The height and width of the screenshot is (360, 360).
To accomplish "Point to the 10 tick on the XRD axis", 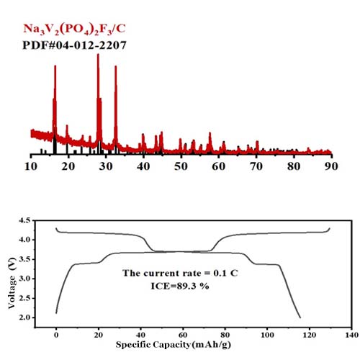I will pyautogui.click(x=31, y=166).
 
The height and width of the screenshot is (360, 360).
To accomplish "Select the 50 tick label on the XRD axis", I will pyautogui.click(x=181, y=166).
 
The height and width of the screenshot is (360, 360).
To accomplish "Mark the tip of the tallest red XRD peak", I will pyautogui.click(x=98, y=55).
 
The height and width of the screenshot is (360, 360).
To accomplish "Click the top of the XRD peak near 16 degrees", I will pyautogui.click(x=55, y=67).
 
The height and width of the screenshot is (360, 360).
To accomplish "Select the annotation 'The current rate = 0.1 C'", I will pyautogui.click(x=180, y=274).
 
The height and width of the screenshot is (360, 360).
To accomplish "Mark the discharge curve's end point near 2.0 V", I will pyautogui.click(x=299, y=317).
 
